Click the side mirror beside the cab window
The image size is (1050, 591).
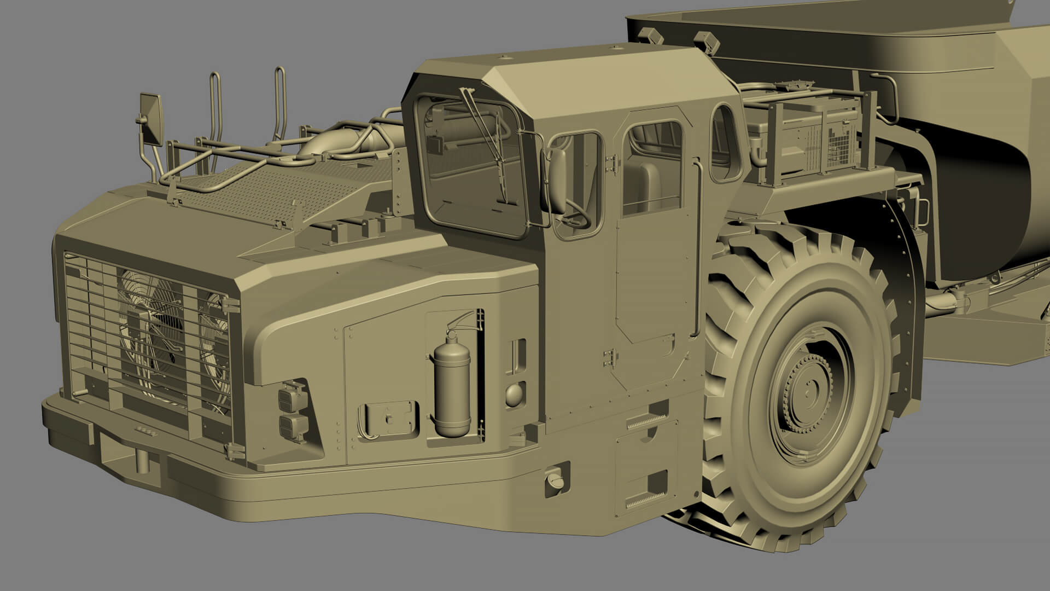pos(558,181)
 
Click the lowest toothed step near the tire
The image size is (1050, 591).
pos(645,501)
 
